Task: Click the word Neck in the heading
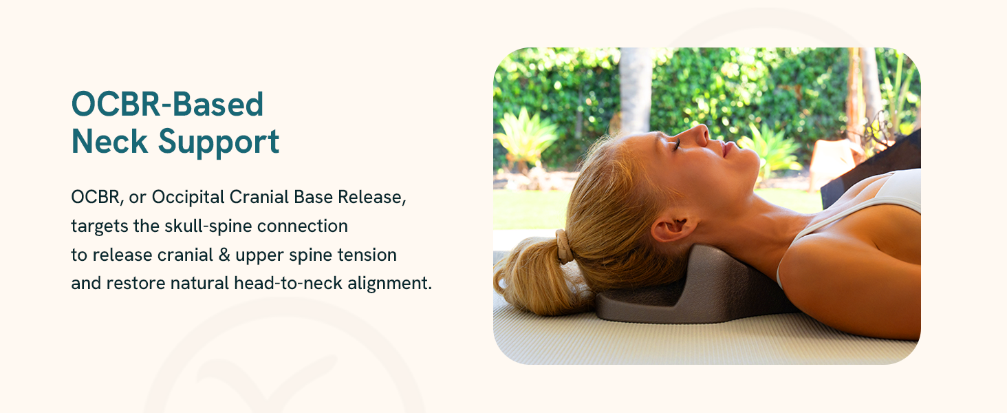point(109,142)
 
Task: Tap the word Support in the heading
point(219,143)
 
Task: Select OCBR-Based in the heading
point(167,104)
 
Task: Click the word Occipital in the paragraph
point(188,198)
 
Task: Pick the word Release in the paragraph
point(372,197)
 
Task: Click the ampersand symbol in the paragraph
point(224,255)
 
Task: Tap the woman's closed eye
point(677,145)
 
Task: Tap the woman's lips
point(726,149)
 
